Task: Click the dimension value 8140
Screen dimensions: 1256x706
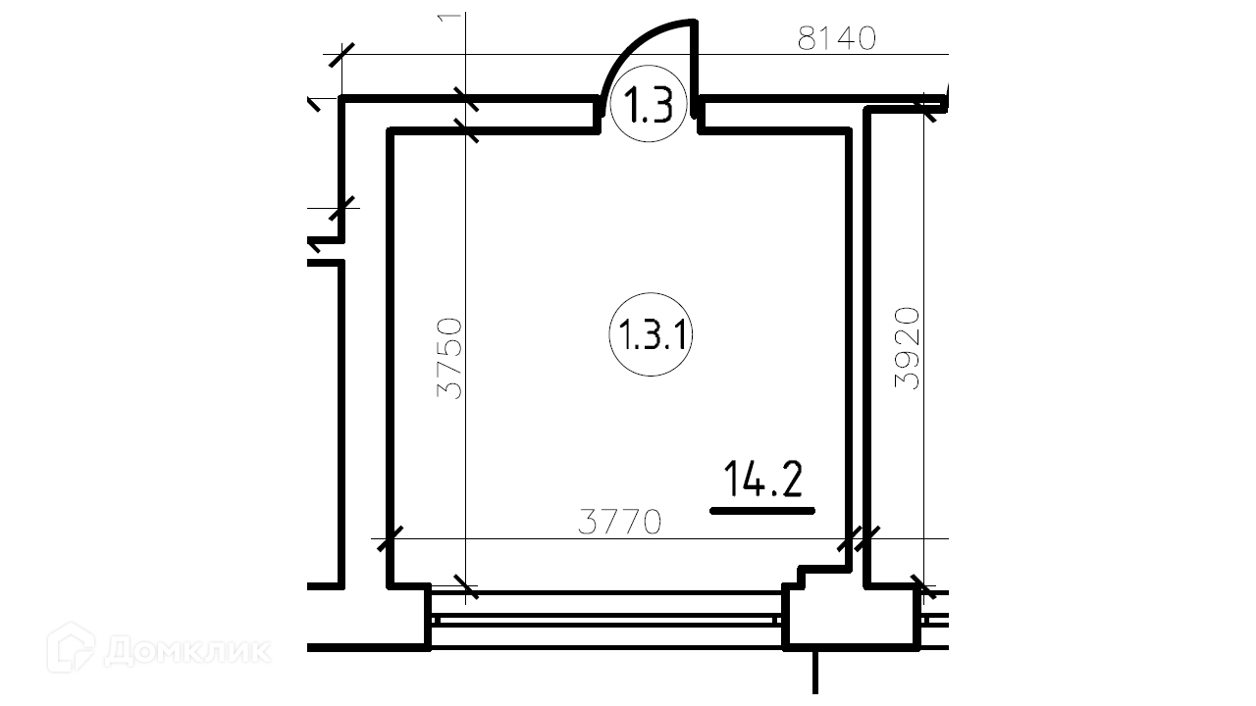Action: [836, 38]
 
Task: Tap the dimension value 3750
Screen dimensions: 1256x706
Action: [449, 359]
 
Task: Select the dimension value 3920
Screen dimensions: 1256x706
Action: [907, 348]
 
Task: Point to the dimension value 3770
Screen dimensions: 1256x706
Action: [619, 522]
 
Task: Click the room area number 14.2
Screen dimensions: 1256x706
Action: [763, 479]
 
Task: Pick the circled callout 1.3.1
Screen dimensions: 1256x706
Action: [651, 334]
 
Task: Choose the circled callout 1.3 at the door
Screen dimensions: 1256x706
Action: [649, 104]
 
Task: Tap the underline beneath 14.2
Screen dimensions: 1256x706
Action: [762, 511]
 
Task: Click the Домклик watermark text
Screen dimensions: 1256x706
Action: [187, 651]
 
